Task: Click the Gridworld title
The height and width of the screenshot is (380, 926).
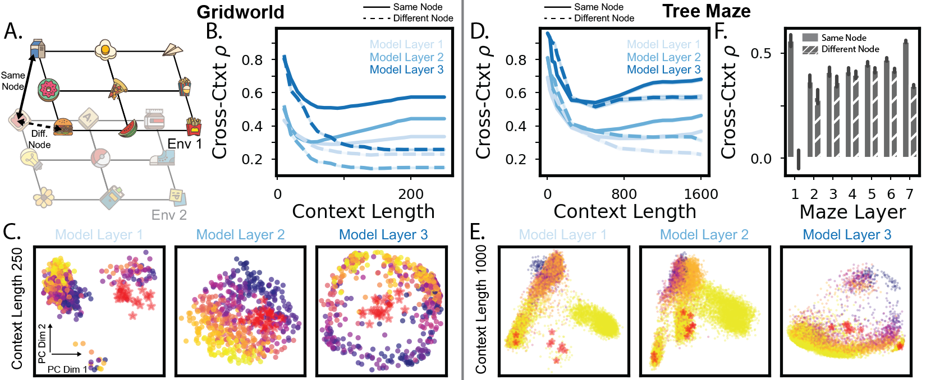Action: pyautogui.click(x=240, y=12)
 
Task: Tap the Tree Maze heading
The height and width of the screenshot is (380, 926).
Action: pyautogui.click(x=706, y=11)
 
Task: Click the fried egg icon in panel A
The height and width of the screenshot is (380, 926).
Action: pyautogui.click(x=105, y=50)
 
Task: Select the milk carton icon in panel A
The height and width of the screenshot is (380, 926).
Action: pyautogui.click(x=38, y=49)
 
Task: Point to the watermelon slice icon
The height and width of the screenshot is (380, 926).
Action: pyautogui.click(x=129, y=128)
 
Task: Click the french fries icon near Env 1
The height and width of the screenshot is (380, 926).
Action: pyautogui.click(x=193, y=126)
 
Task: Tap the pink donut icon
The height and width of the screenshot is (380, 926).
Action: pyautogui.click(x=48, y=89)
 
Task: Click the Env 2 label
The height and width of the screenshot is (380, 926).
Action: pyautogui.click(x=169, y=215)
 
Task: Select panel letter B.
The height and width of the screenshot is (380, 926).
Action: pyautogui.click(x=214, y=31)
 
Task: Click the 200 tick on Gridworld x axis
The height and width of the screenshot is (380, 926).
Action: pyautogui.click(x=411, y=194)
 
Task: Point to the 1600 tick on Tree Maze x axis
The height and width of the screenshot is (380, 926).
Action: pyautogui.click(x=701, y=194)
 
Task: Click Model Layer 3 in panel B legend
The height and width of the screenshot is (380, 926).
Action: pyautogui.click(x=406, y=69)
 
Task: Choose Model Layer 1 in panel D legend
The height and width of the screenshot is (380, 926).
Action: pyautogui.click(x=663, y=44)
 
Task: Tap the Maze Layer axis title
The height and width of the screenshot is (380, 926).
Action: pyautogui.click(x=852, y=212)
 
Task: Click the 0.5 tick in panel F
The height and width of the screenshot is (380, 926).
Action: pyautogui.click(x=761, y=53)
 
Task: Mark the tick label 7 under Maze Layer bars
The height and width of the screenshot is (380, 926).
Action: pyautogui.click(x=910, y=194)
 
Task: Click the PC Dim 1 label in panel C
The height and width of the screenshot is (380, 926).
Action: pyautogui.click(x=67, y=369)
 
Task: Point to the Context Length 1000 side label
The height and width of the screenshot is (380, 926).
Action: pyautogui.click(x=482, y=309)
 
